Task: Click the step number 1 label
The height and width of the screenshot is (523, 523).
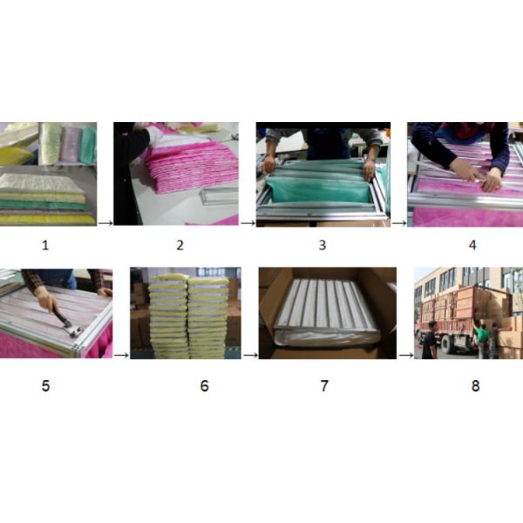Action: click(45, 246)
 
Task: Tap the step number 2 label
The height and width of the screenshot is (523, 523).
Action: click(180, 246)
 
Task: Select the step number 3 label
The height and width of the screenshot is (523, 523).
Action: click(323, 245)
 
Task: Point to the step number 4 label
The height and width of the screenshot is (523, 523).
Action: click(472, 245)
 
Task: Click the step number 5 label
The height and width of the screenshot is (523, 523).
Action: click(45, 386)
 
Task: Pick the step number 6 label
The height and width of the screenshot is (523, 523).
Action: click(205, 386)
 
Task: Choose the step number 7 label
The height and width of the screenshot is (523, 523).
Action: click(324, 386)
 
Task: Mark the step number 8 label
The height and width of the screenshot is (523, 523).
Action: click(476, 386)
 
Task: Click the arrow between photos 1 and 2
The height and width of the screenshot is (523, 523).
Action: click(105, 223)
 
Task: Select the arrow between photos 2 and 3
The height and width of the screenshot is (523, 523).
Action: click(248, 223)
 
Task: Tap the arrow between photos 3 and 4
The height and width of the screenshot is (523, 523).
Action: click(399, 223)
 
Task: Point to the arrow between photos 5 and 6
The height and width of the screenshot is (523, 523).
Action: click(121, 356)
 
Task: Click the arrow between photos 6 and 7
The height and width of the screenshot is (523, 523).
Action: click(250, 356)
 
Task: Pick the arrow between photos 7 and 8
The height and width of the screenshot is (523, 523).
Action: click(406, 356)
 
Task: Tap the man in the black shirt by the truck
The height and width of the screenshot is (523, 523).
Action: click(430, 340)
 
